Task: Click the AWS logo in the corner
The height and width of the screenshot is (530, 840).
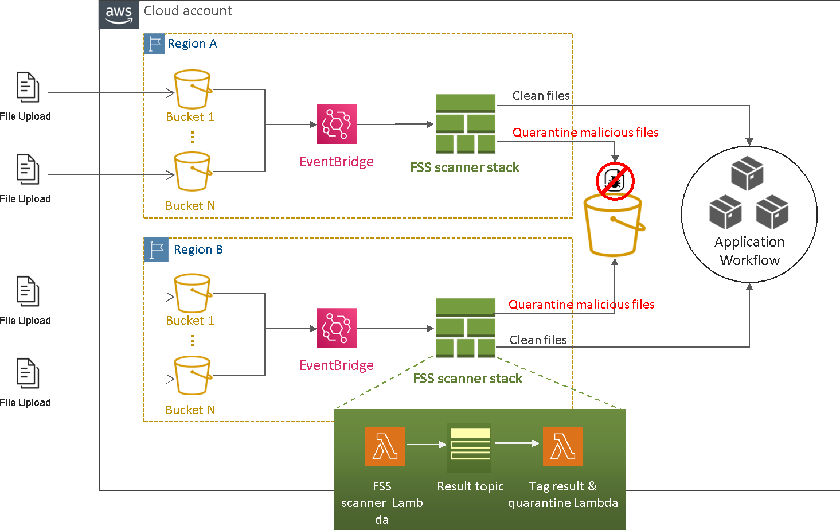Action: click(119, 14)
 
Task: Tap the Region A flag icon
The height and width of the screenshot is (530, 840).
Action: click(154, 44)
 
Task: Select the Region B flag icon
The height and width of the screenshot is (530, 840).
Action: click(156, 250)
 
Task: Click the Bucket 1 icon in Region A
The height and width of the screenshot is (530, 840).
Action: click(193, 90)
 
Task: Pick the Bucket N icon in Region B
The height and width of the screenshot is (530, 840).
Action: click(193, 376)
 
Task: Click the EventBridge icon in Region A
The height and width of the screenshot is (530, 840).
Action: click(337, 124)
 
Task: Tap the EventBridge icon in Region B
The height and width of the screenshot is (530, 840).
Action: click(337, 328)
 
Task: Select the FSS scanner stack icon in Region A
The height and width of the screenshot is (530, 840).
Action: click(466, 124)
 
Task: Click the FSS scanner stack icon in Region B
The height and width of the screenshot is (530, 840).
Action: click(466, 328)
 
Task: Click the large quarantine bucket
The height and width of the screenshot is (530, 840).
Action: click(613, 227)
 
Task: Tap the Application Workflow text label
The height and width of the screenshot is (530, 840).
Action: click(749, 251)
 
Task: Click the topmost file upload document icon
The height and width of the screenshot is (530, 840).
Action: click(28, 87)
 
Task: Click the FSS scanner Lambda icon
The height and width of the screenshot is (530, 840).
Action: click(385, 446)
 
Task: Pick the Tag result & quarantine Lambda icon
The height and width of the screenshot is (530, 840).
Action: click(562, 446)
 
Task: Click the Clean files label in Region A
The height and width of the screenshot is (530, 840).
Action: click(541, 96)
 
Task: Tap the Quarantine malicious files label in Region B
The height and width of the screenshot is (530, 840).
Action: click(581, 305)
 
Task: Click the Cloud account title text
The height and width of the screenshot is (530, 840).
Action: click(188, 11)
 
